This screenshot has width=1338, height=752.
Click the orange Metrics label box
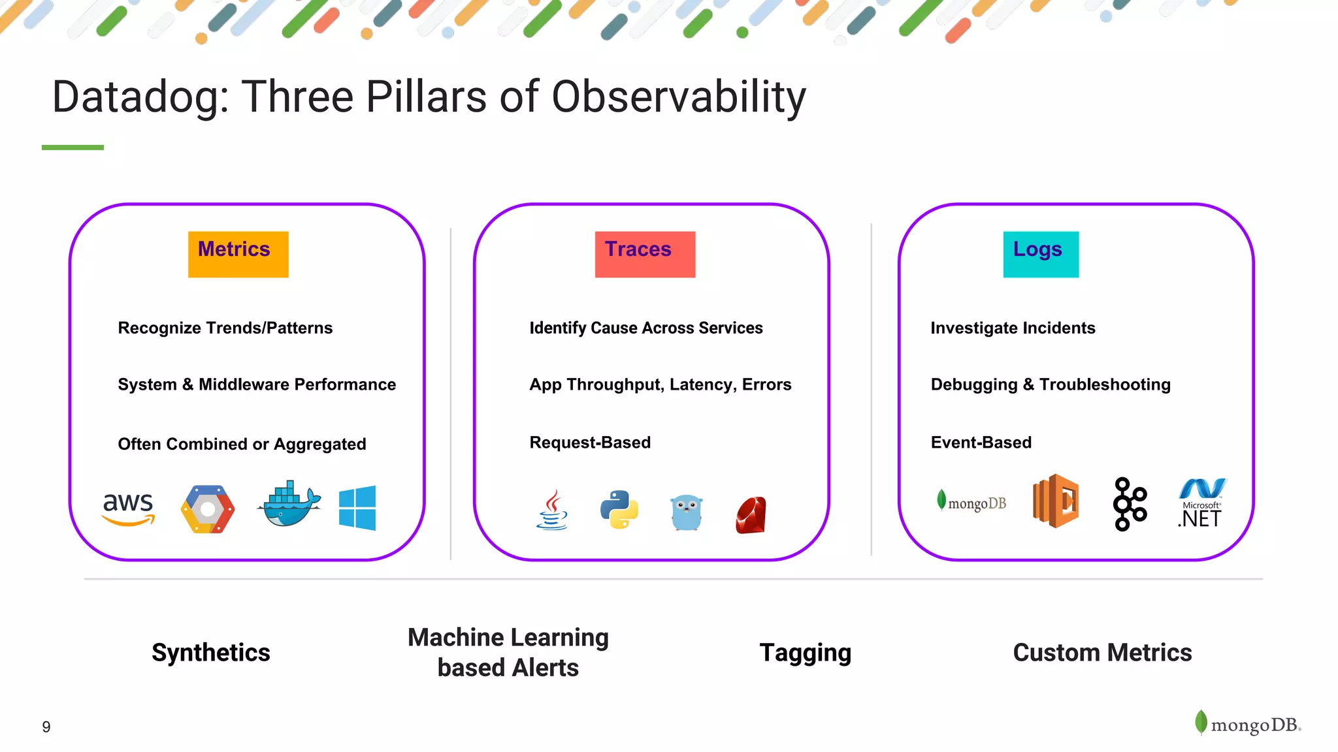238,254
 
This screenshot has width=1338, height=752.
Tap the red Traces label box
645,254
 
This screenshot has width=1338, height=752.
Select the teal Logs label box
1041,254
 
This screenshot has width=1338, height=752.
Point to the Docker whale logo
289,505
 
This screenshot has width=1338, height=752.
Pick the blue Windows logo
357,508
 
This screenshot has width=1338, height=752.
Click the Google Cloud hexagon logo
208,509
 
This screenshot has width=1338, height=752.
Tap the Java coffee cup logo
553,510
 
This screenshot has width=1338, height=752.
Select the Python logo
619,510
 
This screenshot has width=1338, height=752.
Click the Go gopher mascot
686,512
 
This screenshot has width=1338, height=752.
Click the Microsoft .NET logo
1201,503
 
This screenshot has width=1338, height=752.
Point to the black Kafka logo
1130,504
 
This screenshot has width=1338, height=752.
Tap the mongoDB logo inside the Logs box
971,502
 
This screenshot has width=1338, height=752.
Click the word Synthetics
210,652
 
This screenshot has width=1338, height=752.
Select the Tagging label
805,652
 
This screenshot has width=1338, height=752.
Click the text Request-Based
590,443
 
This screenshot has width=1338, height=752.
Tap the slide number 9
46,727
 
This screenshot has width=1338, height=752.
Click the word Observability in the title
678,97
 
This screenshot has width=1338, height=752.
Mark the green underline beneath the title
73,148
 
